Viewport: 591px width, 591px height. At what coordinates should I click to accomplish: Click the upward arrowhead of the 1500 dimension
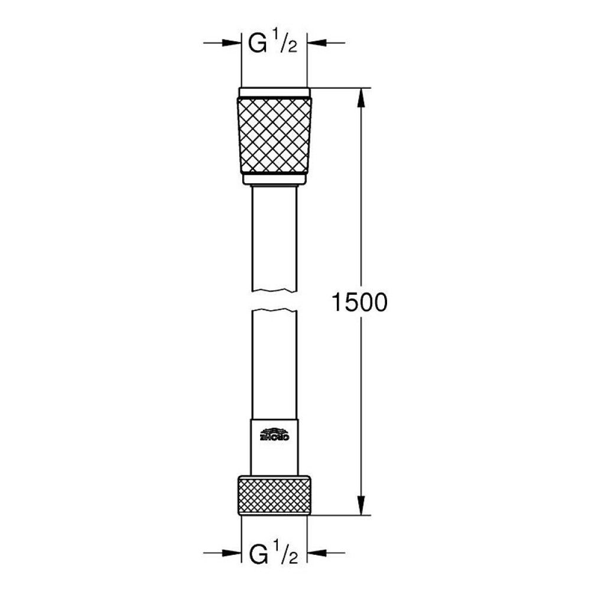[x=361, y=95]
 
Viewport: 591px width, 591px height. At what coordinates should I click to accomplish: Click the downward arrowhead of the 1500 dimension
[x=361, y=508]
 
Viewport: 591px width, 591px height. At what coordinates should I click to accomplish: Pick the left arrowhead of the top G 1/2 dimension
[x=233, y=43]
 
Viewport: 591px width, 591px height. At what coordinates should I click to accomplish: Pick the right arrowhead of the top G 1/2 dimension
[x=313, y=43]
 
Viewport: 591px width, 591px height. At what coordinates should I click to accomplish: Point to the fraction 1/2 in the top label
[x=285, y=45]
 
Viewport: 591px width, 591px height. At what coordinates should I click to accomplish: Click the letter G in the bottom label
[x=257, y=555]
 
